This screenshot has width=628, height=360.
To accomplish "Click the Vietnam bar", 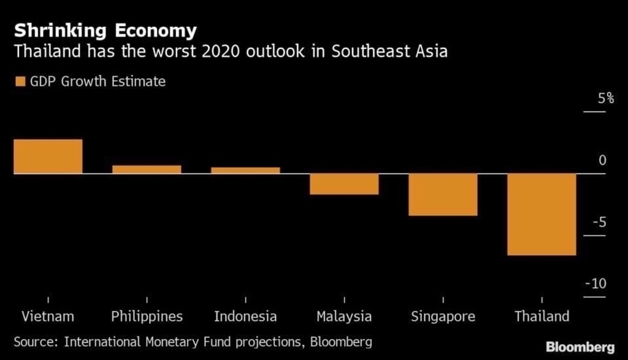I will (x=48, y=156).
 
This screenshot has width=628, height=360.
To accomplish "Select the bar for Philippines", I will (x=147, y=169).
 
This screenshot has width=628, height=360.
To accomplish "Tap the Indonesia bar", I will (x=245, y=170).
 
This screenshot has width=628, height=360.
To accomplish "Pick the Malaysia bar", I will (x=344, y=184).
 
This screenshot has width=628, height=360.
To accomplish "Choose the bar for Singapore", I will (x=443, y=194).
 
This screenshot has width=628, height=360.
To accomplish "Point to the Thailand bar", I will (x=542, y=214).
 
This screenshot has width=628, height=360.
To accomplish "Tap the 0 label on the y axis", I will (x=602, y=160).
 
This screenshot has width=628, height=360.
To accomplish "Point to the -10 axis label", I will (x=595, y=284).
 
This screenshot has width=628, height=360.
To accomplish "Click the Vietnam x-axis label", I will (x=48, y=316).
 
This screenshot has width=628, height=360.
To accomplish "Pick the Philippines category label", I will (x=147, y=316).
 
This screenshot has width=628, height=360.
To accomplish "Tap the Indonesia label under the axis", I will (x=245, y=316).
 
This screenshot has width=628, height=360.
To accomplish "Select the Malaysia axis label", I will (x=344, y=316).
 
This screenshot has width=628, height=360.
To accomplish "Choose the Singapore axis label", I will (x=443, y=316).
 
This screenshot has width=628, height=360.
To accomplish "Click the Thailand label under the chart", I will (x=542, y=316).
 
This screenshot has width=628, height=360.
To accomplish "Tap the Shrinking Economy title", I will (x=105, y=31).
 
